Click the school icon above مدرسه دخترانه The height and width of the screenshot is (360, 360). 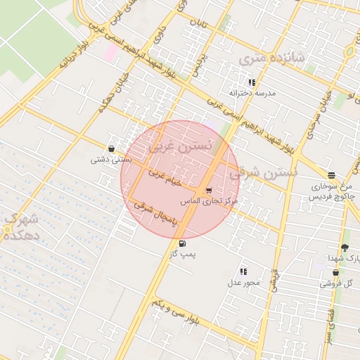click(x=252, y=82)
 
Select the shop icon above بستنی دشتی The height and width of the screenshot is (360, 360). click(x=112, y=148)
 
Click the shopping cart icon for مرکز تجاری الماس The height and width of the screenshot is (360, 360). click(x=208, y=191)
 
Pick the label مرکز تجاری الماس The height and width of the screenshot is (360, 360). click(x=210, y=201)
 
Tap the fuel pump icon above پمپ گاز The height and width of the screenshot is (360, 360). click(x=184, y=244)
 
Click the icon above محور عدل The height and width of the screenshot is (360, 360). click(x=243, y=271)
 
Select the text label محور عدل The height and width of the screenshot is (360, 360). click(x=243, y=283)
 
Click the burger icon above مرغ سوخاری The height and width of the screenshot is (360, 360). click(x=331, y=175)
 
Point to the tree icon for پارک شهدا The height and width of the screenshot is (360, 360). click(x=344, y=247)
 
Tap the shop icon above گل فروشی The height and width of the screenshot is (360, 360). click(x=335, y=272)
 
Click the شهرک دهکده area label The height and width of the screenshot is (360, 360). click(x=18, y=226)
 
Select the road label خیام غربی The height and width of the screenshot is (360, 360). click(x=165, y=176)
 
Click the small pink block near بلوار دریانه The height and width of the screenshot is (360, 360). click(x=111, y=52)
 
